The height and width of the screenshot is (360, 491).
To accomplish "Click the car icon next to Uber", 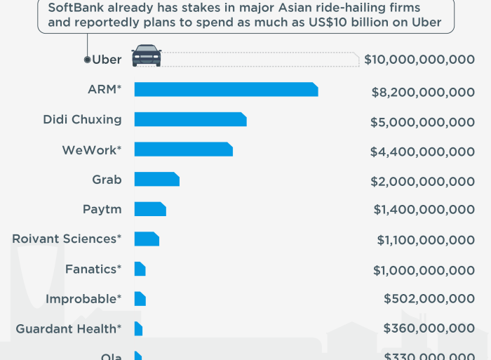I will click(147, 55).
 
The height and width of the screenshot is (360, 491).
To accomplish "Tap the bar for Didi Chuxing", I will click(190, 119).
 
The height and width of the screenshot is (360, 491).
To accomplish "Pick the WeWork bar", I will click(183, 149).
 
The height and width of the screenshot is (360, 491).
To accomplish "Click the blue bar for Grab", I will click(156, 179).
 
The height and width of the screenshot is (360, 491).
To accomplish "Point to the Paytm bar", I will click(149, 209).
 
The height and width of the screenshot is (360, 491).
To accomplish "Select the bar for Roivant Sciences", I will click(147, 239).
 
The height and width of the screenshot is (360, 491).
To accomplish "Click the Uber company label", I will click(107, 60).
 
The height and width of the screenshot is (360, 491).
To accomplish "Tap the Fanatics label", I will click(93, 269).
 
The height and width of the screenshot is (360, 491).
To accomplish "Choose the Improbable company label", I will click(83, 299).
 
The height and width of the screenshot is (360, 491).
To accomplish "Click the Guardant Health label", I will click(69, 328).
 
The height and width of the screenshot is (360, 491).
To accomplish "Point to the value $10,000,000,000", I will click(419, 60).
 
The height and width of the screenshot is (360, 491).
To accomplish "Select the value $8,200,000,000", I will click(422, 92).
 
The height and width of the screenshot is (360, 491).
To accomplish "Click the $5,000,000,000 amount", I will click(422, 122).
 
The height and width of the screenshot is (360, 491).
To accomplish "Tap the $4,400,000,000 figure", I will click(422, 152).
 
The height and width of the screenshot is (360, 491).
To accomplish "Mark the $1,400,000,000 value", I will click(424, 209).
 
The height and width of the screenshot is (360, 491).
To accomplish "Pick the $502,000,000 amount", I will click(429, 299).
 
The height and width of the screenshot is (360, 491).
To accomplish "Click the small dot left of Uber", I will click(87, 60).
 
